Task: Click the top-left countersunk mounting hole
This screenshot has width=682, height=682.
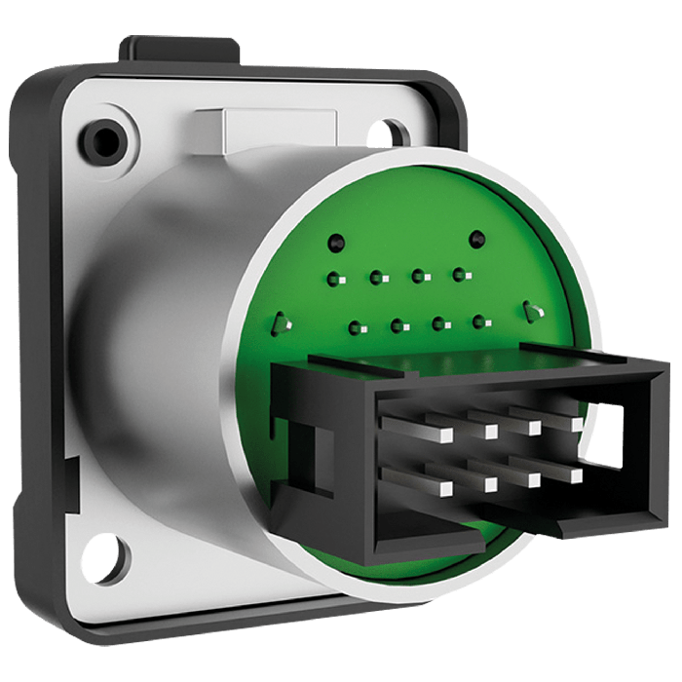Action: (x=102, y=139)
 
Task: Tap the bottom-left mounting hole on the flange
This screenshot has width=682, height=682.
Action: (x=104, y=557)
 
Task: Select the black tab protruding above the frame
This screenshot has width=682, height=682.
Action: (x=179, y=49)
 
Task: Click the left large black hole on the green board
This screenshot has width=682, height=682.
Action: (x=336, y=241)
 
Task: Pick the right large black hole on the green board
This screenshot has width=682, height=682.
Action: (x=476, y=239)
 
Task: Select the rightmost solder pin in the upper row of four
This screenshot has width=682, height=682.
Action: (x=458, y=277)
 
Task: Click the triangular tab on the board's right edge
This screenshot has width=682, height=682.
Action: (x=531, y=312)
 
